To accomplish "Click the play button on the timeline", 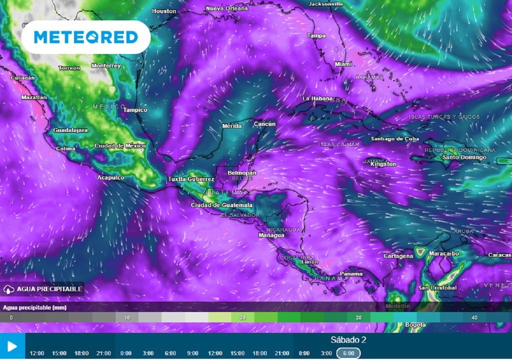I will (12, 346).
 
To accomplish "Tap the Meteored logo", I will (85, 37).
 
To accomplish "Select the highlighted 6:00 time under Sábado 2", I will (348, 353).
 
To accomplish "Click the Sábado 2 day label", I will (348, 340).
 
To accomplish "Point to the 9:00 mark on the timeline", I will (192, 353).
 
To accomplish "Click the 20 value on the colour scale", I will (242, 317).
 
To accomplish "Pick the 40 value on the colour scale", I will (474, 317).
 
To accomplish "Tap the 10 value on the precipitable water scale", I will (127, 317).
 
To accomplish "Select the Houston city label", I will (164, 11).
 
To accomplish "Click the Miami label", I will (343, 64).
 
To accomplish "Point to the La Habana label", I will (317, 98).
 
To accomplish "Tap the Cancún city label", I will (265, 123).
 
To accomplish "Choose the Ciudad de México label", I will (120, 145).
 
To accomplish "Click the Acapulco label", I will (110, 177).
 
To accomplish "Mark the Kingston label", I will (384, 164).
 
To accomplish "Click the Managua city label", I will (271, 235).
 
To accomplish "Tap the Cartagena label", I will (398, 256).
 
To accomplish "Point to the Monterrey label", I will (106, 65).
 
